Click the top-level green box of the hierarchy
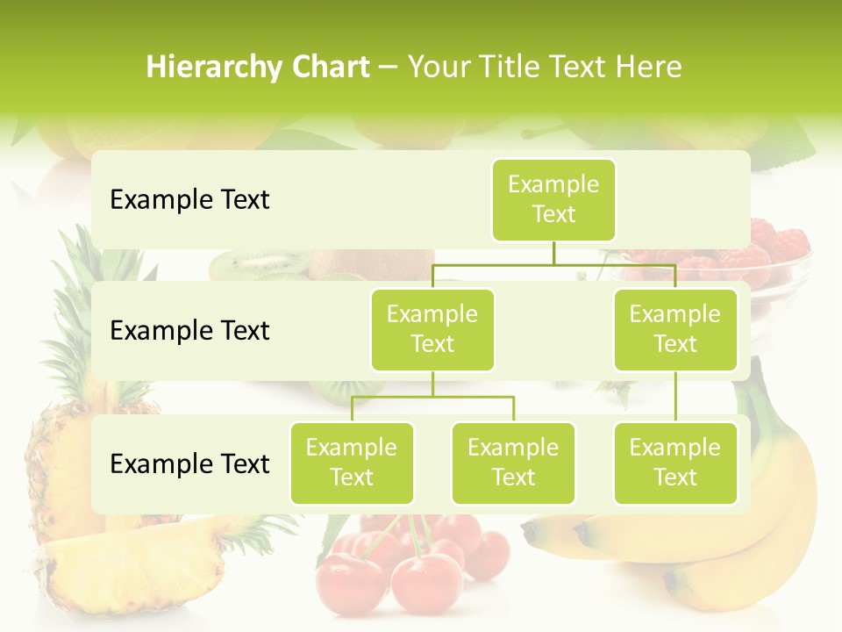pos(553,199)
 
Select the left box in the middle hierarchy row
pos(432,329)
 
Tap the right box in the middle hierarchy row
pos(674,329)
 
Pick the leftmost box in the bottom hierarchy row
pos(352,463)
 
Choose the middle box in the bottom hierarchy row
pos(513,463)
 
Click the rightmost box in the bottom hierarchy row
pos(674,463)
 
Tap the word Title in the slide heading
pos(505,67)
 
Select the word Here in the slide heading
pos(649,67)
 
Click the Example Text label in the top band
pos(189,200)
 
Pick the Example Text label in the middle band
pos(189,330)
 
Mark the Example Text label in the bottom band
pos(189,463)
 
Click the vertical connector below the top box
pos(553,252)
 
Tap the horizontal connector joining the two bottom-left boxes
pos(432,397)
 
